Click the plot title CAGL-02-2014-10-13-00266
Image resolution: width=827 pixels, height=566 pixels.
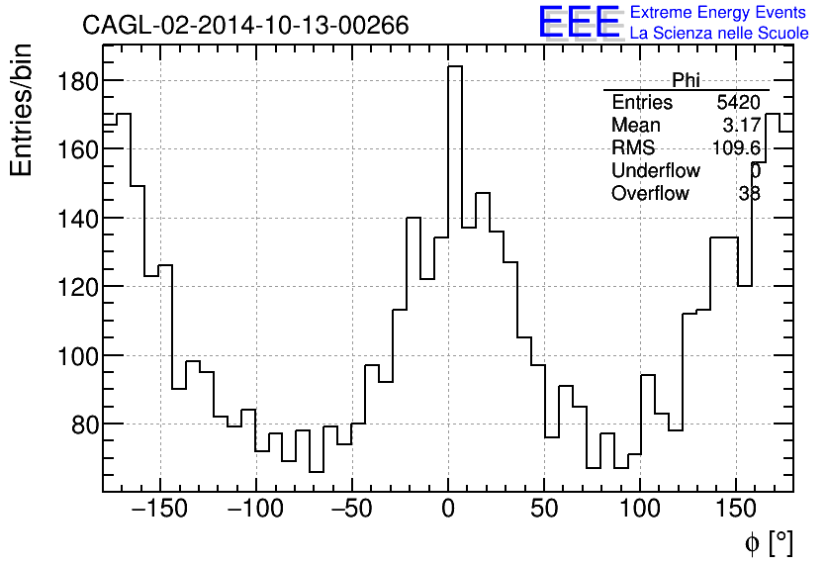245,26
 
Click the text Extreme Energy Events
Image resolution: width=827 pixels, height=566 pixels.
719,13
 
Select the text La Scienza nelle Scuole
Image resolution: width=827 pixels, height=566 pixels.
719,34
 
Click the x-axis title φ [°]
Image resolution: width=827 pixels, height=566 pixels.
769,542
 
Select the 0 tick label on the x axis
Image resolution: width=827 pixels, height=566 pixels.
448,510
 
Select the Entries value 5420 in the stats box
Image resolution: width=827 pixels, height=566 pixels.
738,103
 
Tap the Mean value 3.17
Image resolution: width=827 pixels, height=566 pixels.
741,126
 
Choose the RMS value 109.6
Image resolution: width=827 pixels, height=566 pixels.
736,148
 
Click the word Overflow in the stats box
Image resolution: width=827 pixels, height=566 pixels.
650,194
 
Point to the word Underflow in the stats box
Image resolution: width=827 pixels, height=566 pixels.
655,171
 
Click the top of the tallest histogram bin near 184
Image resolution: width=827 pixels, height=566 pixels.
455,67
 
